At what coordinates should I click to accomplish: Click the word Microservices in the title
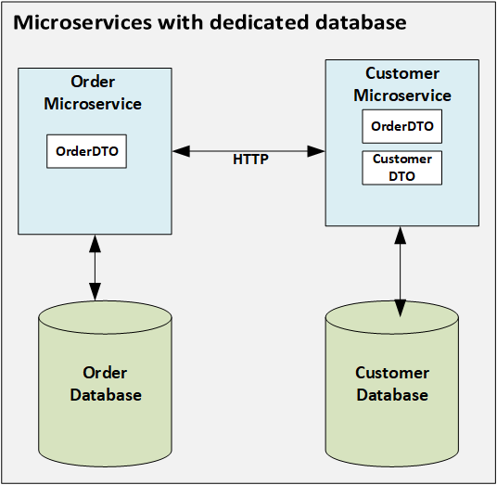pos(83,22)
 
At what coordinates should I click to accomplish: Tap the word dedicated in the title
pos(260,22)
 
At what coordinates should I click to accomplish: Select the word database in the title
pos(361,22)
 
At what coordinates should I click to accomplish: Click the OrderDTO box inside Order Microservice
pos(86,151)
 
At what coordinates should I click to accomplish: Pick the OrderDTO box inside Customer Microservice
pos(401,126)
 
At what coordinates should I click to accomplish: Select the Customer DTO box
pos(401,168)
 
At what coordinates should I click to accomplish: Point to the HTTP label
pos(250,160)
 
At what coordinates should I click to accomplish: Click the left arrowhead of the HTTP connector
pos(182,151)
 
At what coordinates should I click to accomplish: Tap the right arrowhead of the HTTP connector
pos(316,151)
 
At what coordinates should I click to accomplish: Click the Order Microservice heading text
pos(93,93)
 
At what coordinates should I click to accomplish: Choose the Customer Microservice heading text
pos(402,84)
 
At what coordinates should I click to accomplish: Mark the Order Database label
pos(106,384)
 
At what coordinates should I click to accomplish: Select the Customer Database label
pos(392,384)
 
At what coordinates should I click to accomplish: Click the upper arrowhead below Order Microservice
pos(96,244)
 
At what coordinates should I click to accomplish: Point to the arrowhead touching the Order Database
pos(96,291)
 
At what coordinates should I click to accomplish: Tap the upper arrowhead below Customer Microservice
pos(401,236)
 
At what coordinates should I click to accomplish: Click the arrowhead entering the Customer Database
pos(401,308)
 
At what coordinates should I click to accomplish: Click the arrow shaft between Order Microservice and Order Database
pos(96,268)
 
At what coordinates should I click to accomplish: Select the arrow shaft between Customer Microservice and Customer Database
pos(401,272)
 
